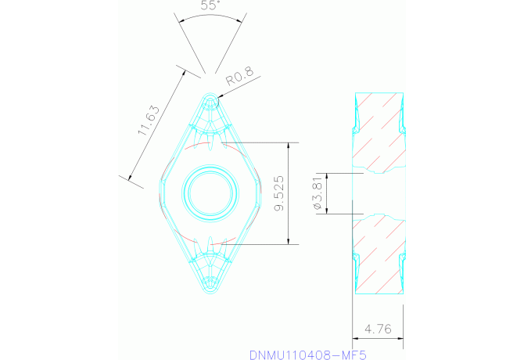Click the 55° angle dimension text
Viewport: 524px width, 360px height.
[209, 5]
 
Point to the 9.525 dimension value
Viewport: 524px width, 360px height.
[279, 193]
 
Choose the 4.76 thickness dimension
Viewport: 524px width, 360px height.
[378, 329]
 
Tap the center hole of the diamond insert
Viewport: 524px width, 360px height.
[209, 193]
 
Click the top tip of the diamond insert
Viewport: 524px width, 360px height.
[209, 93]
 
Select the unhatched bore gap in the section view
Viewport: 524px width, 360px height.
[379, 193]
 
